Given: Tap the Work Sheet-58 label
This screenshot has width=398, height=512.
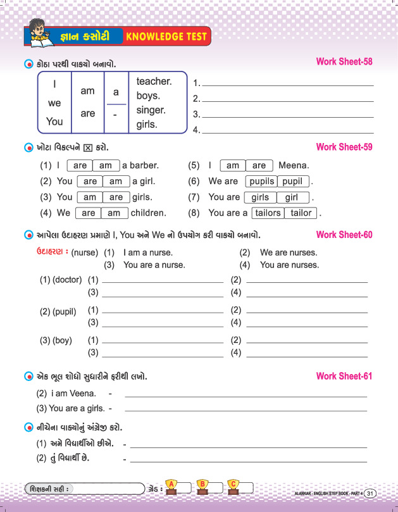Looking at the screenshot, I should click(344, 62).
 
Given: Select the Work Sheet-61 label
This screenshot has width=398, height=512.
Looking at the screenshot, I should click(344, 377).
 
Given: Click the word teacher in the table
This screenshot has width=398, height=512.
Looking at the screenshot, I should click(154, 82).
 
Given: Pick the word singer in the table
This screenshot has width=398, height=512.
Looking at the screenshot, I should click(151, 110).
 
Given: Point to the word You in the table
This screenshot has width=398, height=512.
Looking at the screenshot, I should click(55, 121).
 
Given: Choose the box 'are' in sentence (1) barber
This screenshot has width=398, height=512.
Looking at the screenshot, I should click(80, 166).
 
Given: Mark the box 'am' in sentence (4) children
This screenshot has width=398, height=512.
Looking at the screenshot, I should click(114, 213).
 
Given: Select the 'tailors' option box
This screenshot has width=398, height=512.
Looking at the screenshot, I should click(268, 213).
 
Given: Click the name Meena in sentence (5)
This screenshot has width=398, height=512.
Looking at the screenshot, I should click(294, 166).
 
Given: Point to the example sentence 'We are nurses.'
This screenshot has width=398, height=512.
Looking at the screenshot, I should click(289, 253).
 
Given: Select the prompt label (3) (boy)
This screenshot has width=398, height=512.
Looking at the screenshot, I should click(55, 340).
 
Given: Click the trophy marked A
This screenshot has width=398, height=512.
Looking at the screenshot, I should click(170, 485).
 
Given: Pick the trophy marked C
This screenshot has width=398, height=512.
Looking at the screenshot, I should click(233, 485).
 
